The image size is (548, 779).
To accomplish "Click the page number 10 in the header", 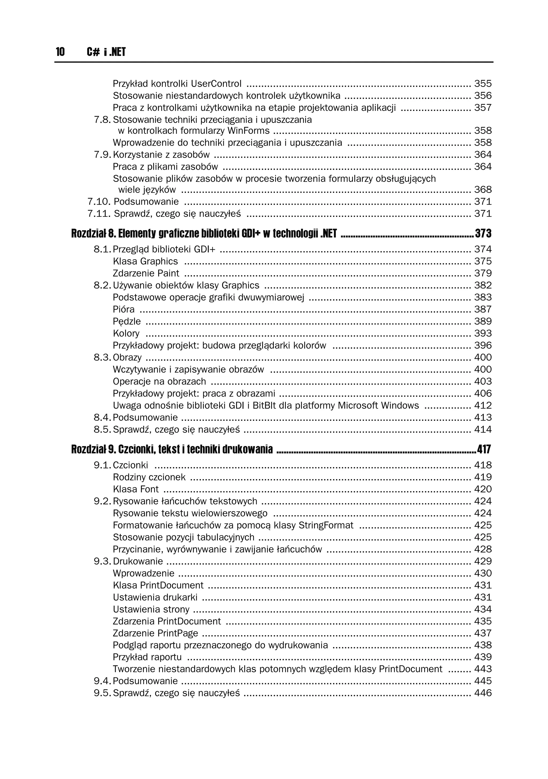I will [60, 52].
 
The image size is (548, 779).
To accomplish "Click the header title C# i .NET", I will [106, 52].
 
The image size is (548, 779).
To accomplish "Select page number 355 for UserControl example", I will [482, 84].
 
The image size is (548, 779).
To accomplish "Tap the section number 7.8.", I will [102, 120].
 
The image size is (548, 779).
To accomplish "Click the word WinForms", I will [248, 131].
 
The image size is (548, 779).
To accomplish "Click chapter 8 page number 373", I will [483, 233].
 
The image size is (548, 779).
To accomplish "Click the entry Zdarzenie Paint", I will [146, 273].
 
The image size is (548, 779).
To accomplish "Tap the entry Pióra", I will [123, 309].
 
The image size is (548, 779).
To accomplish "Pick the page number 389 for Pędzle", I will [482, 321].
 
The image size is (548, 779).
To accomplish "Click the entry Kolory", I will [126, 333].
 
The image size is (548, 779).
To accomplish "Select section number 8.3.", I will [102, 357].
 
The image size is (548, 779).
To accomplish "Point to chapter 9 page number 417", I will [484, 449].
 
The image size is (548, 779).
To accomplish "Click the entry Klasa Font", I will [136, 489].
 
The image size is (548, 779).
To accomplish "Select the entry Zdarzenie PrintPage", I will [155, 633].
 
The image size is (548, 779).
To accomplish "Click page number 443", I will [482, 669].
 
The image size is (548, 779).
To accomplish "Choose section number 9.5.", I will [102, 693].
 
